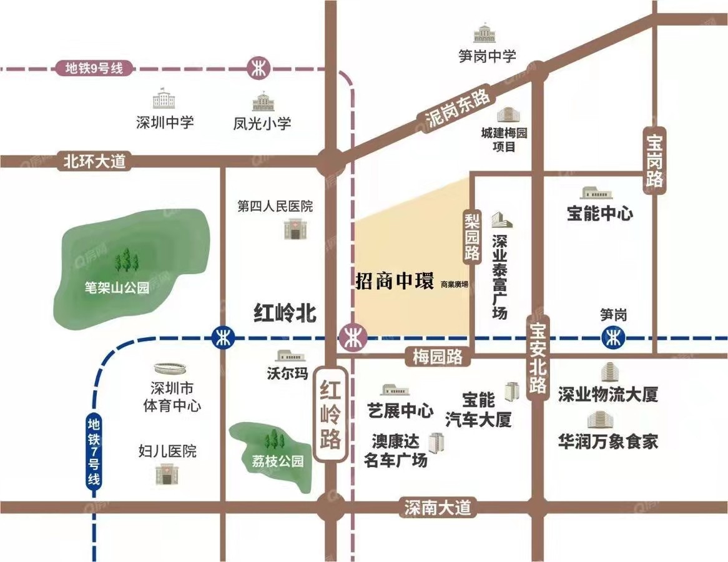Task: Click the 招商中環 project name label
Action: [x=395, y=282]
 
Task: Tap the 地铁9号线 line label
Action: [x=94, y=68]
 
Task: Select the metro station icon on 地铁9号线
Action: [x=257, y=67]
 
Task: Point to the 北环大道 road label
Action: [x=94, y=162]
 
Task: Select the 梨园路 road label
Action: [x=472, y=235]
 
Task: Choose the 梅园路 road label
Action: [x=438, y=357]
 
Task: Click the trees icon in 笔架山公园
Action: [x=127, y=260]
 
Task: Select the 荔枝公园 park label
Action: [x=273, y=462]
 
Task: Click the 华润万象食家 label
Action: [x=608, y=442]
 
